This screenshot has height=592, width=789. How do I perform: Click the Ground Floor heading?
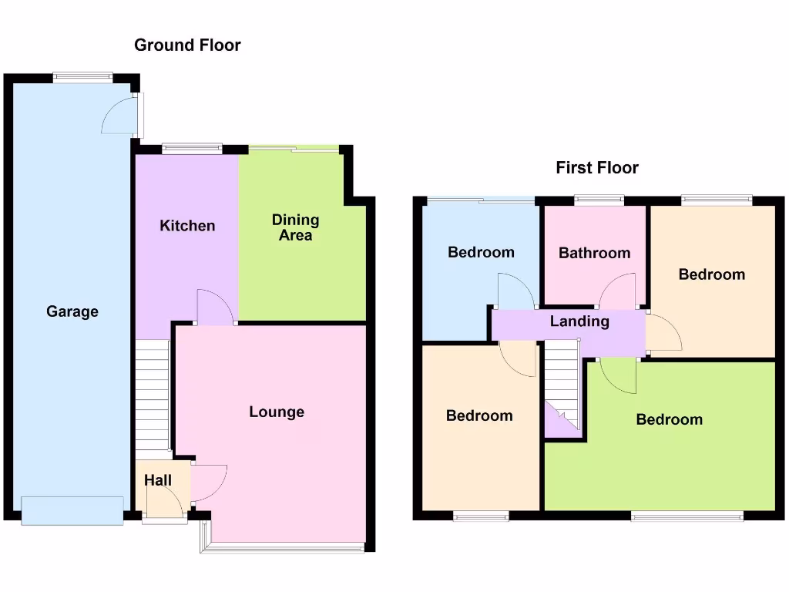(187, 45)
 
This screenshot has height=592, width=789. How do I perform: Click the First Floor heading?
(597, 168)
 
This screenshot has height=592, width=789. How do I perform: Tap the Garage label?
(72, 312)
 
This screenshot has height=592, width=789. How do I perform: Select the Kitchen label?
(187, 226)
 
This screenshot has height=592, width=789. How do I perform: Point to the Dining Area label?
(295, 227)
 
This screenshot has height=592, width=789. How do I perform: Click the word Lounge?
(277, 412)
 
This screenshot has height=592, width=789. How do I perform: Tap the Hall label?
(158, 481)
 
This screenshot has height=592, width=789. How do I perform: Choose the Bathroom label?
(594, 253)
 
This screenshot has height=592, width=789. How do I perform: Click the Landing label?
(579, 321)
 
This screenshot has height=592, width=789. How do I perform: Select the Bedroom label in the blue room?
(481, 252)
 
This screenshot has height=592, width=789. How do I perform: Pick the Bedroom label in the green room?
(669, 419)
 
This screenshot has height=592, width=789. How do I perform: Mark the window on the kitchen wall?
(192, 149)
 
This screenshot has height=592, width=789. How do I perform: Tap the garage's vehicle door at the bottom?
(72, 510)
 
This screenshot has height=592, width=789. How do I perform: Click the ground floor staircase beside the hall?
(153, 393)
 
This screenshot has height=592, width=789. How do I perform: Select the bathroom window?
(599, 200)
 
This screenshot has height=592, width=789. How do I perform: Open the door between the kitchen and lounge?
(215, 308)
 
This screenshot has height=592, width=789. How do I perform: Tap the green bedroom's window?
(687, 515)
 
